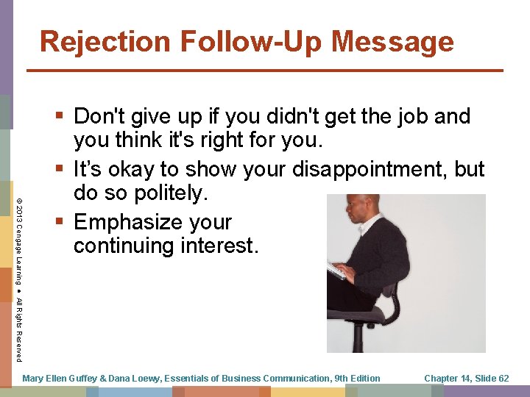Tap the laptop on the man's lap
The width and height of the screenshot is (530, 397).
click(339, 271)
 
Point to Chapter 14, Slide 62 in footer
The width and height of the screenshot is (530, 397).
click(467, 379)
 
